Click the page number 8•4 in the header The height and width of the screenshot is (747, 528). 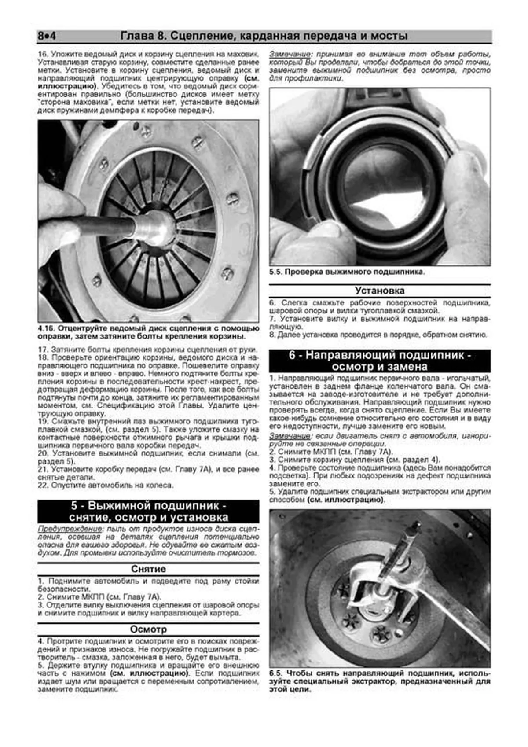(x=47, y=36)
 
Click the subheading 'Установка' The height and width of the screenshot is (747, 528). (x=379, y=291)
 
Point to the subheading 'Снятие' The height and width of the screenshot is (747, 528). (x=148, y=569)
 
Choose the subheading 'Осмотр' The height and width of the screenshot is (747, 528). (x=148, y=629)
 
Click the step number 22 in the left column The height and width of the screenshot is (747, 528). (x=43, y=486)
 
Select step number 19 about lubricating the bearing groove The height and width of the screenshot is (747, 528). (x=43, y=421)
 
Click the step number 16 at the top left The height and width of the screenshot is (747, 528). (x=43, y=54)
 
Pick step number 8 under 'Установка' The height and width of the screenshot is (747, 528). (x=272, y=335)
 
